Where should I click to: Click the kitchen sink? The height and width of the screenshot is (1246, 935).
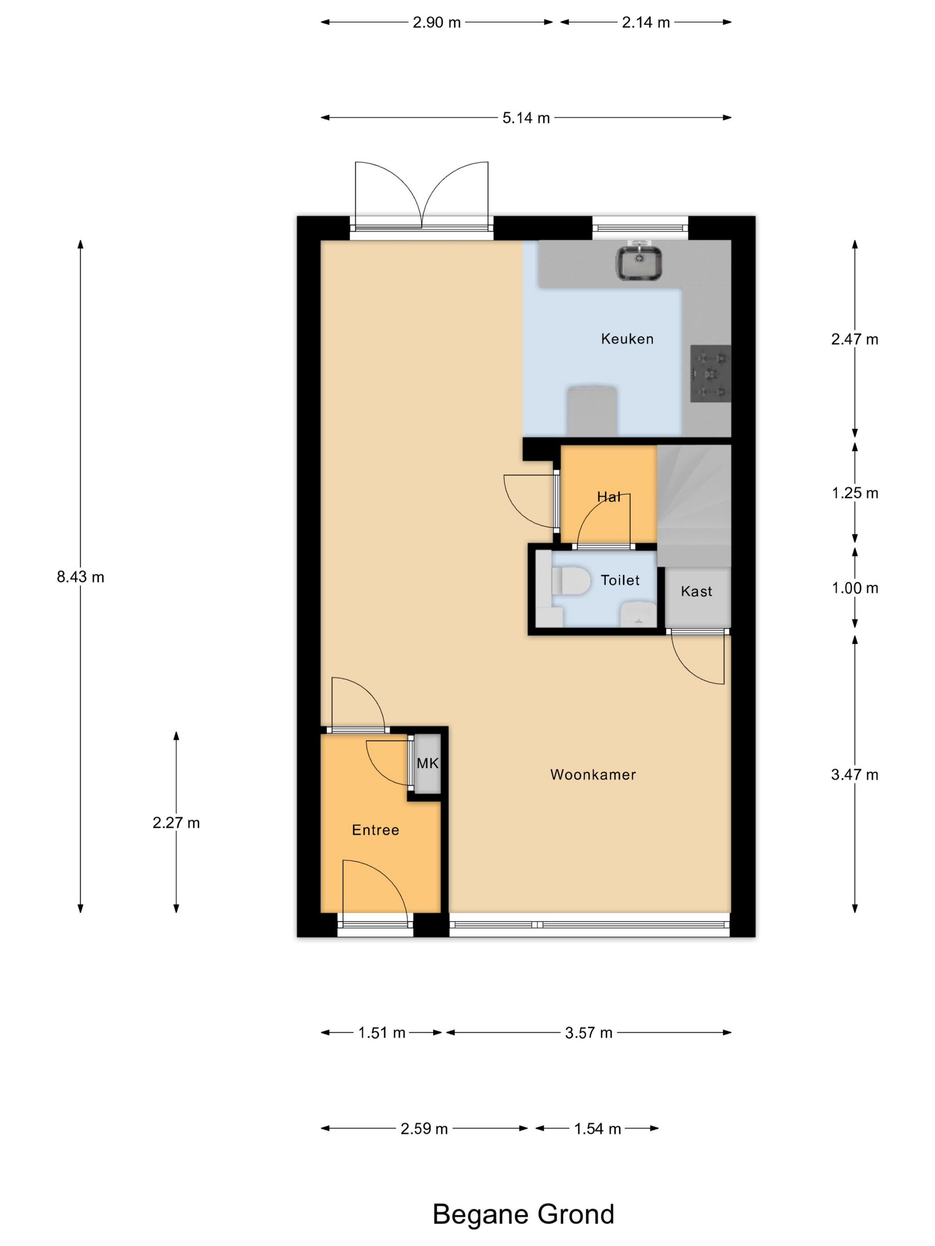[638, 263]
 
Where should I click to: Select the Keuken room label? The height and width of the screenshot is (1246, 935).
[627, 339]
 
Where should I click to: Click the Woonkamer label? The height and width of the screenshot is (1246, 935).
[593, 775]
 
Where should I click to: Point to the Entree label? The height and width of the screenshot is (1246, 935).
[375, 830]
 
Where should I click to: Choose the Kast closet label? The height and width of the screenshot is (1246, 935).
[697, 591]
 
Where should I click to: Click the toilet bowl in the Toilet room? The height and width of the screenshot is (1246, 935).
[570, 580]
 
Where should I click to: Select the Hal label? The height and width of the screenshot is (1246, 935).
[609, 497]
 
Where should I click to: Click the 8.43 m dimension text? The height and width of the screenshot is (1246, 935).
[81, 577]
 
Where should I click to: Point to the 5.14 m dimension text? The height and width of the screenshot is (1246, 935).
[526, 118]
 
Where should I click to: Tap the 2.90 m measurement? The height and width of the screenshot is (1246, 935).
[437, 23]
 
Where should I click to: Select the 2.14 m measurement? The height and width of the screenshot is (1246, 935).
[646, 23]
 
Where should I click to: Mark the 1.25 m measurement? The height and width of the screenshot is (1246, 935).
[855, 494]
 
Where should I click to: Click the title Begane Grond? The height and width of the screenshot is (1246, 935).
[523, 1214]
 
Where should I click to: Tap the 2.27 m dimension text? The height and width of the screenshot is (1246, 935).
[176, 823]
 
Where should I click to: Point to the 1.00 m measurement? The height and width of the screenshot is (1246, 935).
[855, 588]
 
